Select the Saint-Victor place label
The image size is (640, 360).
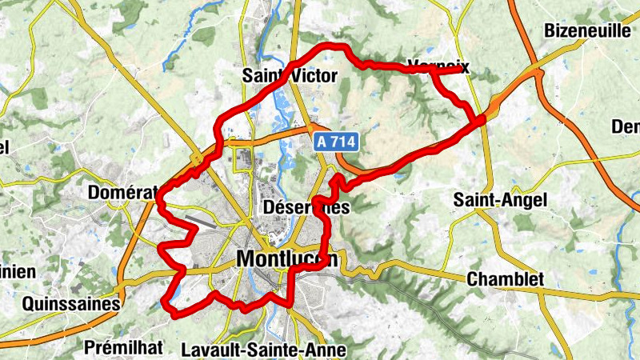pyautogui.click(x=290, y=76)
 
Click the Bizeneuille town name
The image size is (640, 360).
pyautogui.click(x=588, y=31)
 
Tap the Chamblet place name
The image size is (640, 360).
pyautogui.click(x=505, y=279)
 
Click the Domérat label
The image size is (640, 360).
pyautogui.click(x=117, y=193)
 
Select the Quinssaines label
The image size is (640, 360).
pyautogui.click(x=71, y=303)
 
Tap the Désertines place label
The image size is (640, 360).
pyautogui.click(x=306, y=207)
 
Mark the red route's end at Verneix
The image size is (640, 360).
pyautogui.click(x=464, y=70)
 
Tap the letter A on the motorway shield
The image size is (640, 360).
pyautogui.click(x=320, y=142)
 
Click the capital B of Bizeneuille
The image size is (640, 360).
pyautogui.click(x=549, y=31)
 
